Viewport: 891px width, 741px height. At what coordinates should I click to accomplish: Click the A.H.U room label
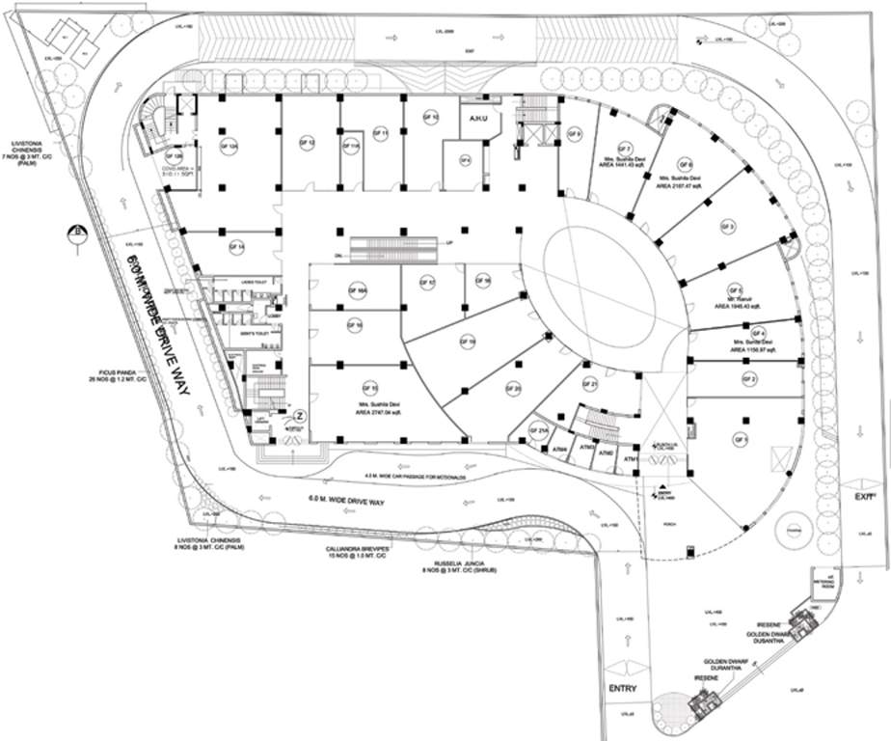(x=477, y=120)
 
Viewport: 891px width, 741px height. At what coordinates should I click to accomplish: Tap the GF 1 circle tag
(x=742, y=440)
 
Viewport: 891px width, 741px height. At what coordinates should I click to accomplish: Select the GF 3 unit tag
(x=728, y=227)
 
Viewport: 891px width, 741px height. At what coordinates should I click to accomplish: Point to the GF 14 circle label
(x=236, y=247)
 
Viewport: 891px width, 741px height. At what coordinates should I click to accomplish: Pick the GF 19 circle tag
(x=468, y=341)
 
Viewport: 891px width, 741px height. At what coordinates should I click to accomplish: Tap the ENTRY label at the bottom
(x=622, y=688)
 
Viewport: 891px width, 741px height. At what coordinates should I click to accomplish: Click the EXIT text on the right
(x=864, y=495)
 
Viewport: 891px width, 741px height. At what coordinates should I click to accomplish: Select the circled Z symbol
(x=300, y=416)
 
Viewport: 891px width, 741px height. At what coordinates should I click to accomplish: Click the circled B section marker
(x=75, y=232)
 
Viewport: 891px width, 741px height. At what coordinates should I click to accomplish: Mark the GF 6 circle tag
(x=686, y=165)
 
